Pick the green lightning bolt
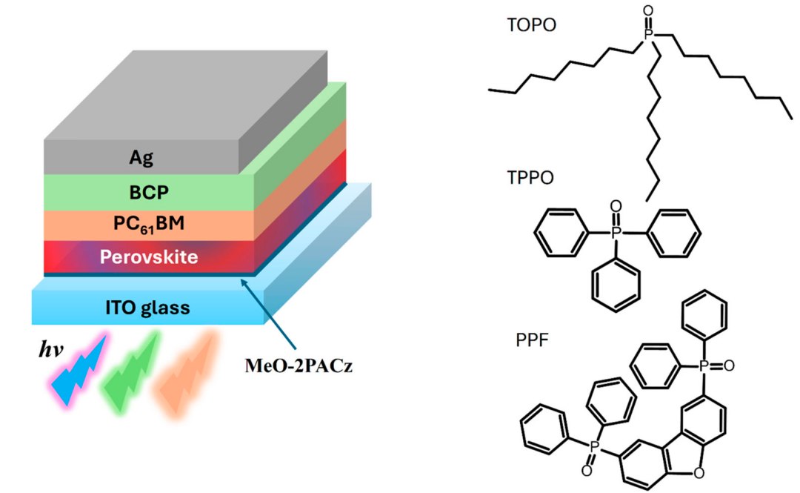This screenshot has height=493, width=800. click(x=134, y=371)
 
